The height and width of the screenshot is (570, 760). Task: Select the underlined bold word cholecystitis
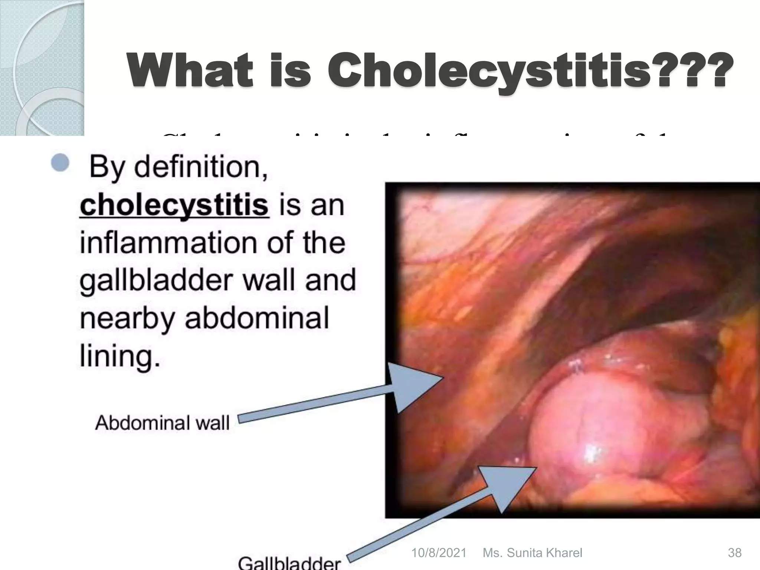(x=174, y=205)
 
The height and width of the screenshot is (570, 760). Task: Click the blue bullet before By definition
(x=60, y=163)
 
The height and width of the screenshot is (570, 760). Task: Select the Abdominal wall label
(x=163, y=423)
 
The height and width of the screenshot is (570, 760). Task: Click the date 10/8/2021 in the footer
(x=439, y=553)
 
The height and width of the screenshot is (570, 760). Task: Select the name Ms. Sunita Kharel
(x=532, y=553)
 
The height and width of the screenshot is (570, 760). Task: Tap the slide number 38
(x=734, y=553)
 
